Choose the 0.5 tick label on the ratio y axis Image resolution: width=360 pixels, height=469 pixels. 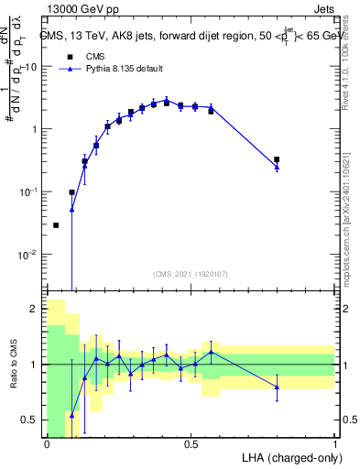(32, 420)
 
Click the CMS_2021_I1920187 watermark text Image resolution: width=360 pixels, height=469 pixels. (189, 273)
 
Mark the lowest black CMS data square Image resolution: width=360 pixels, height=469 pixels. (56, 225)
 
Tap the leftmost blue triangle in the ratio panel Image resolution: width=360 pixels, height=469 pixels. (71, 415)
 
